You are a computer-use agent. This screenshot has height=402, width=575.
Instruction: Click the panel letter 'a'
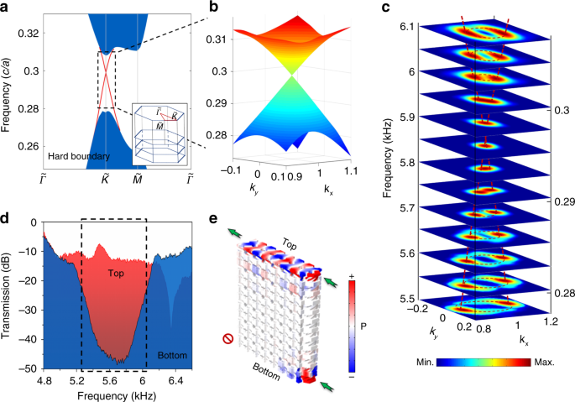tap(7, 8)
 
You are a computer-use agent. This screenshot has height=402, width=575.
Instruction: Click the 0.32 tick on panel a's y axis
tap(31, 32)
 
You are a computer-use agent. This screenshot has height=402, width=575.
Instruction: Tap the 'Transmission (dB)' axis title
tap(8, 295)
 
